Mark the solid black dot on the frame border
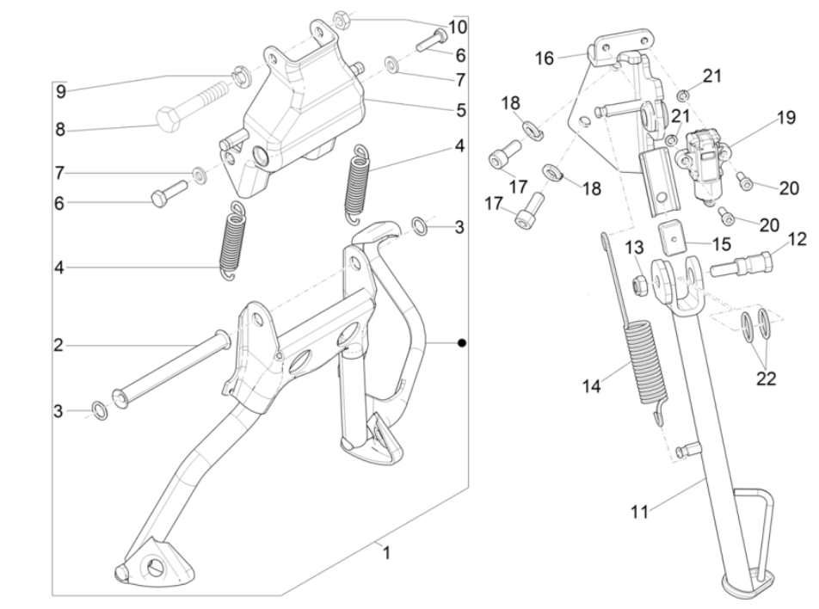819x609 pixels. pyautogui.click(x=462, y=343)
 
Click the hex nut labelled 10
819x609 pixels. pyautogui.click(x=339, y=16)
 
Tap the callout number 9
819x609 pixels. pyautogui.click(x=60, y=90)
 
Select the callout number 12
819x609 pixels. pyautogui.click(x=796, y=237)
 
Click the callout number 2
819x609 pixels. pyautogui.click(x=58, y=346)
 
